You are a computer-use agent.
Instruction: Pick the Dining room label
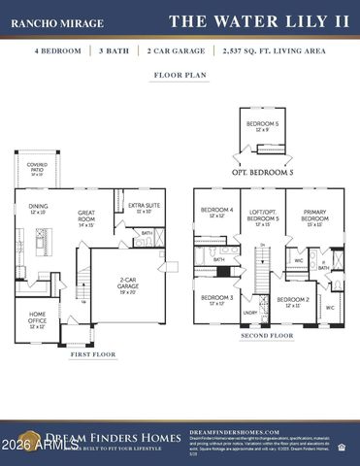[38, 208]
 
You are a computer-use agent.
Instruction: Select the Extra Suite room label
[143, 208]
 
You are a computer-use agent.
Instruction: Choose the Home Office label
[37, 316]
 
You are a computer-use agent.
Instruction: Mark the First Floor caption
[93, 355]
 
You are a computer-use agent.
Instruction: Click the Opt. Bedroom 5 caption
[264, 171]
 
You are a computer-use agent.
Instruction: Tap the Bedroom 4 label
[216, 212]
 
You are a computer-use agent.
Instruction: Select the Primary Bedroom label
[314, 216]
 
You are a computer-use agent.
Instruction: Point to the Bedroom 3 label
[216, 300]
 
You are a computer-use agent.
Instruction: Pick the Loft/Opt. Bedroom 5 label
[263, 216]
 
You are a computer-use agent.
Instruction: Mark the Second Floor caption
[267, 336]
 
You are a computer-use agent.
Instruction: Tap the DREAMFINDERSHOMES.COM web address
[235, 431]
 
